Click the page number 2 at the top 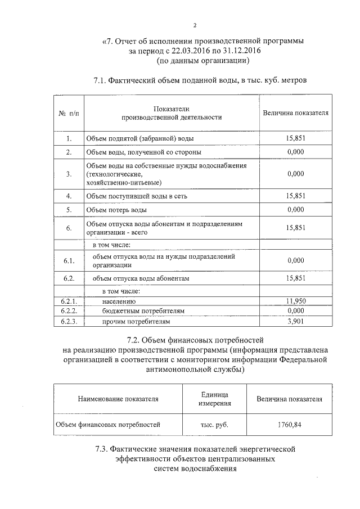pyautogui.click(x=194, y=26)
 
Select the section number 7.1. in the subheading pyautogui.click(x=101, y=80)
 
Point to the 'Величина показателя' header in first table pyautogui.click(x=295, y=113)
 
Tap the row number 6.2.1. pyautogui.click(x=68, y=301)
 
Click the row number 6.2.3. pyautogui.click(x=68, y=321)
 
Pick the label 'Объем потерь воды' pyautogui.click(x=116, y=210)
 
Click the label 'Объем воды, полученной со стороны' pyautogui.click(x=143, y=152)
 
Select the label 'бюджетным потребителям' pyautogui.click(x=143, y=311)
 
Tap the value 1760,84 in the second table pyautogui.click(x=289, y=425)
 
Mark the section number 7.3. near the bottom pyautogui.click(x=102, y=449)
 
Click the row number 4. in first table pyautogui.click(x=68, y=196)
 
